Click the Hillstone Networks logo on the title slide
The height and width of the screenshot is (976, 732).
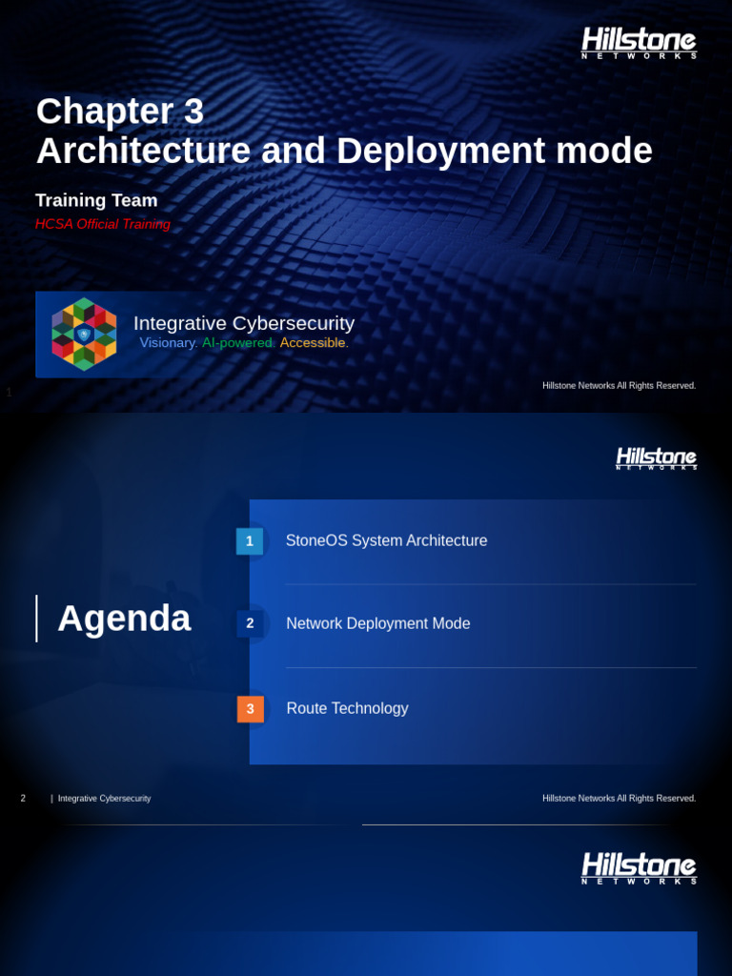pyautogui.click(x=639, y=43)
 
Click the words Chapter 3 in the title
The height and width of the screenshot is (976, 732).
pyautogui.click(x=120, y=112)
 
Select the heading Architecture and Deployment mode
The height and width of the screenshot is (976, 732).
pyautogui.click(x=344, y=151)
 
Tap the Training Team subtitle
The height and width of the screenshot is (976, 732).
pyautogui.click(x=96, y=200)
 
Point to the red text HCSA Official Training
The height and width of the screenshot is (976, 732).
pyautogui.click(x=103, y=224)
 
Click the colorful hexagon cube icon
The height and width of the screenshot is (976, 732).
pyautogui.click(x=84, y=334)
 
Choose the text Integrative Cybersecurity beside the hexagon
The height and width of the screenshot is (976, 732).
pyautogui.click(x=244, y=323)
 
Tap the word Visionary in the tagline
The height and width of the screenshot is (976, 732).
pyautogui.click(x=169, y=343)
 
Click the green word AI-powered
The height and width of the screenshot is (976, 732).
pyautogui.click(x=238, y=343)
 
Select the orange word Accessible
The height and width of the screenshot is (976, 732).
pyautogui.click(x=314, y=343)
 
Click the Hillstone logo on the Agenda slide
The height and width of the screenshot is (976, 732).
pyautogui.click(x=656, y=458)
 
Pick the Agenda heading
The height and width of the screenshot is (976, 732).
pyautogui.click(x=124, y=619)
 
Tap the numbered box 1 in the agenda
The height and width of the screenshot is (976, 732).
pyautogui.click(x=250, y=541)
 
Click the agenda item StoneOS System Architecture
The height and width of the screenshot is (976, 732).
pyautogui.click(x=386, y=540)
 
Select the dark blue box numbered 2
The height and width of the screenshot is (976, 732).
pyautogui.click(x=250, y=623)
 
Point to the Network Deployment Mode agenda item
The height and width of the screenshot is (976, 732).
pyautogui.click(x=377, y=623)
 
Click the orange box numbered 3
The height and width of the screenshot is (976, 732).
pyautogui.click(x=250, y=709)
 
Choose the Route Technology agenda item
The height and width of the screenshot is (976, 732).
pyautogui.click(x=347, y=708)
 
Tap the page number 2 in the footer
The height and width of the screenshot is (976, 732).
pyautogui.click(x=23, y=798)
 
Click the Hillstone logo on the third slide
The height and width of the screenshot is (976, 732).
pyautogui.click(x=639, y=868)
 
